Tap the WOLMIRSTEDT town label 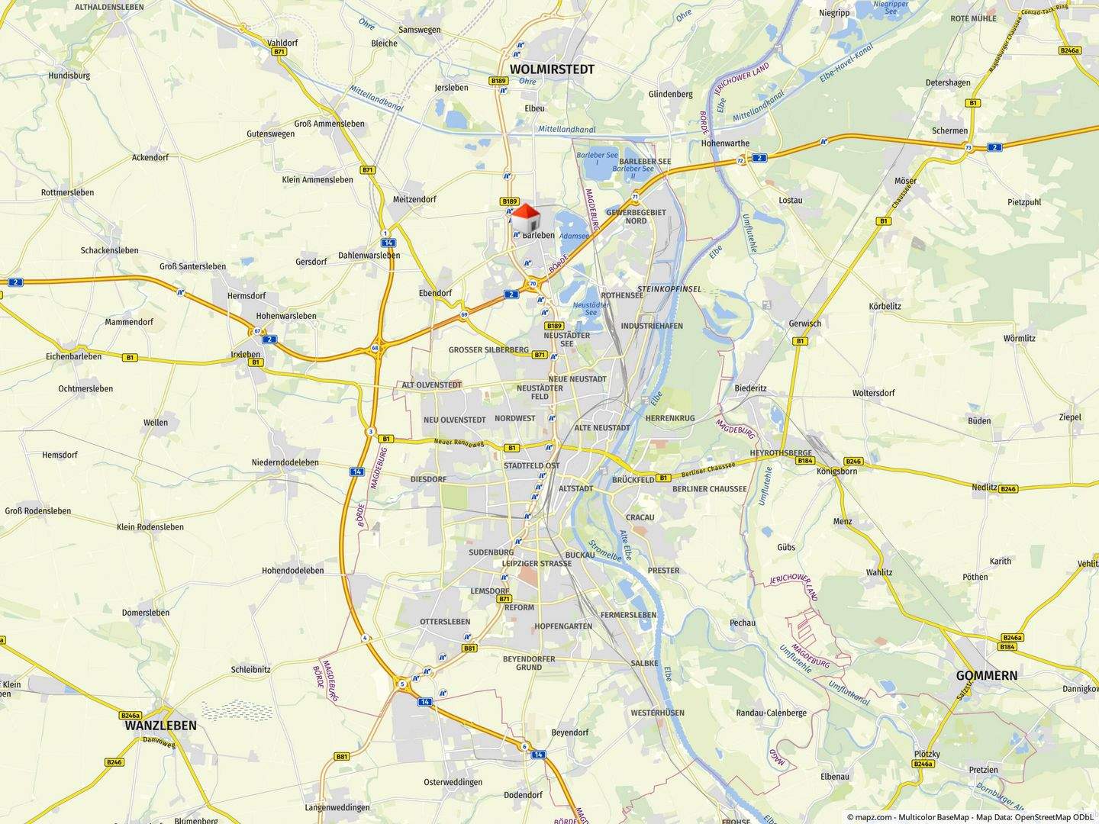tap(552, 69)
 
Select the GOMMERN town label tap(987, 675)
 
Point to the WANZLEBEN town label tap(160, 726)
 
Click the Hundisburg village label tap(69, 76)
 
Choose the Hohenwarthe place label tap(725, 143)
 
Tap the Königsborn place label tap(836, 472)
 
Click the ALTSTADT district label tap(576, 488)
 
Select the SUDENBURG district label tap(491, 552)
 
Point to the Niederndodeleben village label tap(285, 462)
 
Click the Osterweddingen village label tap(453, 782)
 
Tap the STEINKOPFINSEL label tap(669, 290)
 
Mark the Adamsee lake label tap(574, 237)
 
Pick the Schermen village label tap(949, 130)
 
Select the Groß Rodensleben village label tap(38, 511)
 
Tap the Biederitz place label tap(750, 388)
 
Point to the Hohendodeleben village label tap(292, 571)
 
